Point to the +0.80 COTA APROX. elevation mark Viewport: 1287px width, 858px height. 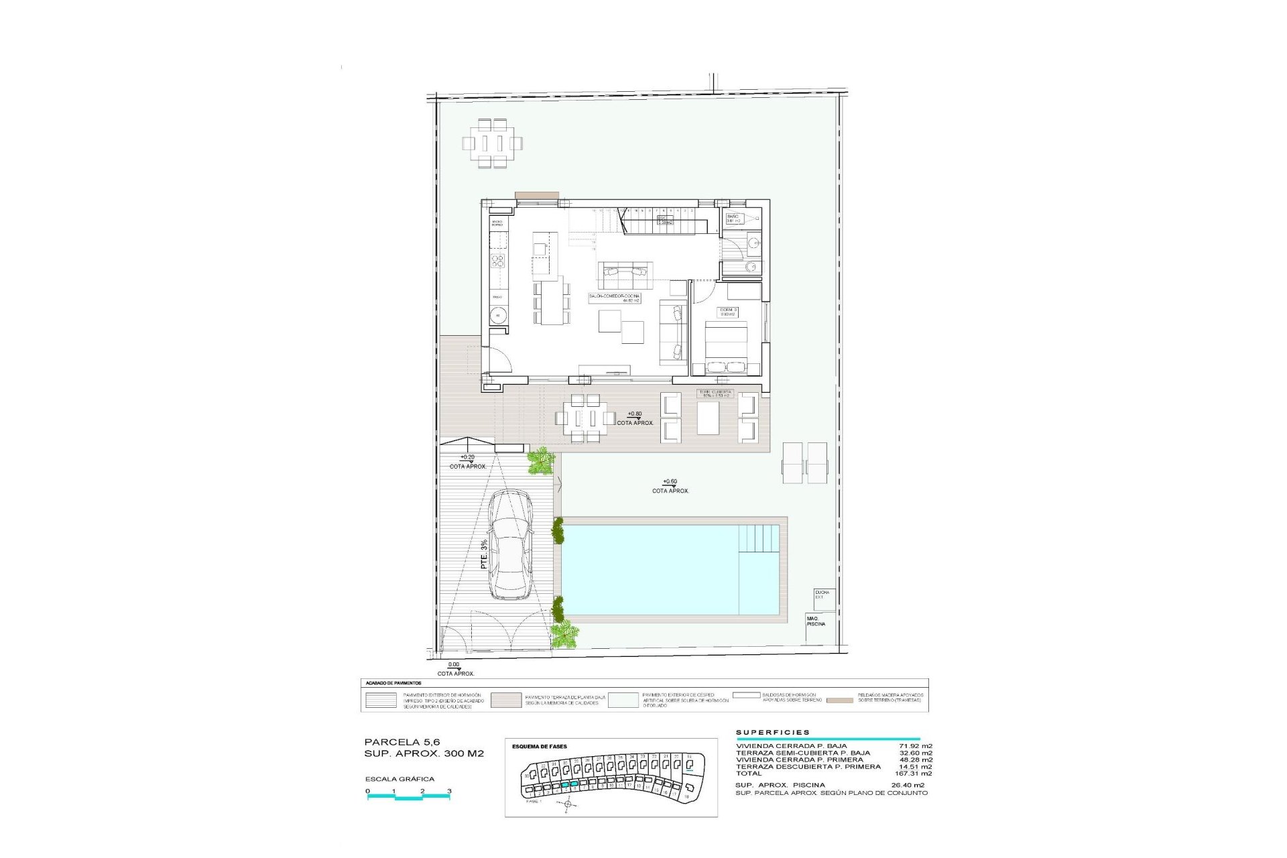pos(634,418)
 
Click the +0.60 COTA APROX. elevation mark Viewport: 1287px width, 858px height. pos(670,486)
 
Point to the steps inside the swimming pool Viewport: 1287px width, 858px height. pos(759,538)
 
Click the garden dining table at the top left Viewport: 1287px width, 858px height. pos(492,143)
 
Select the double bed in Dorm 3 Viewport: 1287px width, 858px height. pos(726,347)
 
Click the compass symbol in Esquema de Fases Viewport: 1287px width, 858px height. pos(568,804)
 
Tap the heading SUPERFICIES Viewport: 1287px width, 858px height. pos(772,733)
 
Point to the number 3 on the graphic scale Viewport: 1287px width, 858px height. pos(449,791)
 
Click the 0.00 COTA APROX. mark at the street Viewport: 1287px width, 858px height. pos(455,669)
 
